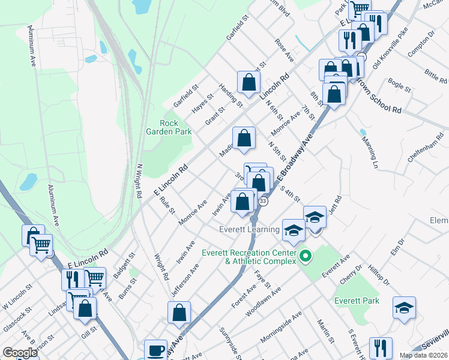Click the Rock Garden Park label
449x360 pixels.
click(160, 127)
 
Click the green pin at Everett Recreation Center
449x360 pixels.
click(306, 256)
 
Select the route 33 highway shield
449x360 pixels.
click(263, 201)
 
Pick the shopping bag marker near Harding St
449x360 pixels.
click(249, 83)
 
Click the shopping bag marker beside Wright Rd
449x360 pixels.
click(179, 312)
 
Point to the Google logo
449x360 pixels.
click(20, 353)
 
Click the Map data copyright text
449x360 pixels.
click(424, 355)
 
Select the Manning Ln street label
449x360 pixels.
click(369, 152)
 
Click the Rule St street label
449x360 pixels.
click(167, 205)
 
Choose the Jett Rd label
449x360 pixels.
click(334, 207)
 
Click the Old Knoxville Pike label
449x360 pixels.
click(390, 47)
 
